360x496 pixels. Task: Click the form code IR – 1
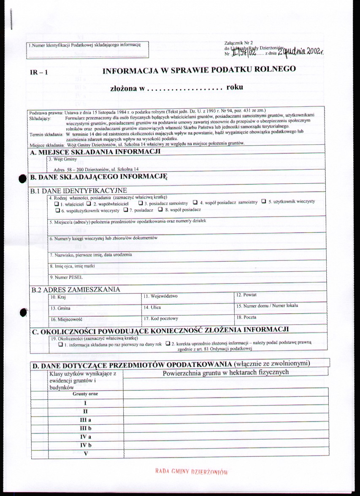[38, 72]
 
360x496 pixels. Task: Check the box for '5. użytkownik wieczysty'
[264, 201]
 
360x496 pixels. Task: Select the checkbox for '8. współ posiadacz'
[160, 209]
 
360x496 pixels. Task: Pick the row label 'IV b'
[86, 445]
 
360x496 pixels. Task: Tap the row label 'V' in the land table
[86, 453]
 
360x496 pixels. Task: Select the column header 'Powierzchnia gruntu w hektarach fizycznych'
[225, 372]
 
